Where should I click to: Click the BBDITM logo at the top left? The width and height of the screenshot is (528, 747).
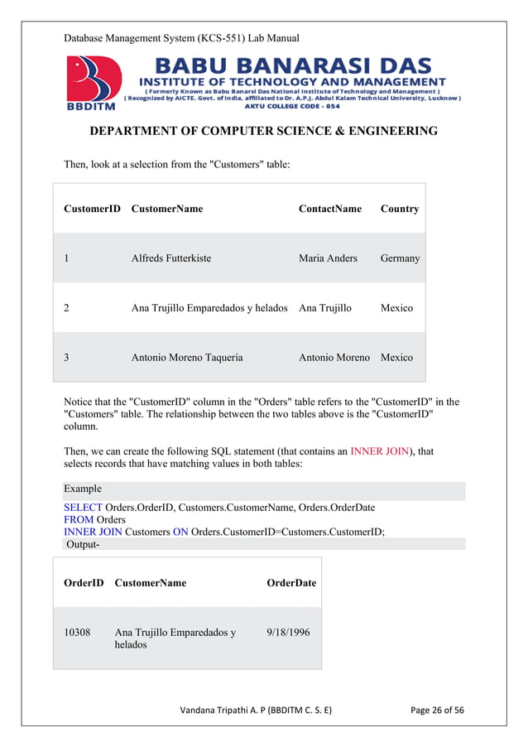(93, 83)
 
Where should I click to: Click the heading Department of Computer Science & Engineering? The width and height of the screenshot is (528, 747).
(263, 132)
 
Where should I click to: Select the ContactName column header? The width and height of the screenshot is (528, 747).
(329, 209)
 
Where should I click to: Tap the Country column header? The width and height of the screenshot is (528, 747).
(399, 209)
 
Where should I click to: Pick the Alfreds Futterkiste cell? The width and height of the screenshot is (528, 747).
(170, 258)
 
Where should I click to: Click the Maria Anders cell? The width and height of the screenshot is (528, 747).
(328, 258)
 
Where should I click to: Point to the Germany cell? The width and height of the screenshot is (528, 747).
(400, 258)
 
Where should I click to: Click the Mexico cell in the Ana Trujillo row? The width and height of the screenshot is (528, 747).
(396, 308)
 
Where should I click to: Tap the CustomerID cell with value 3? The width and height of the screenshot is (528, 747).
(66, 358)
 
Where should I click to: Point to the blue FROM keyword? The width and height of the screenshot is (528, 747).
(79, 519)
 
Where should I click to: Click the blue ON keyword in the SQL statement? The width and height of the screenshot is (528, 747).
(180, 532)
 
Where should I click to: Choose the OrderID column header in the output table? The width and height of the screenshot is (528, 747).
(84, 583)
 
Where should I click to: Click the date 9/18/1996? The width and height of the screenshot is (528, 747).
(288, 633)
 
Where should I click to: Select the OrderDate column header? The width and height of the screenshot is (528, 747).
(290, 583)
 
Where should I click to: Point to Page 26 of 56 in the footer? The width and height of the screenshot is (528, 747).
(437, 710)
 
